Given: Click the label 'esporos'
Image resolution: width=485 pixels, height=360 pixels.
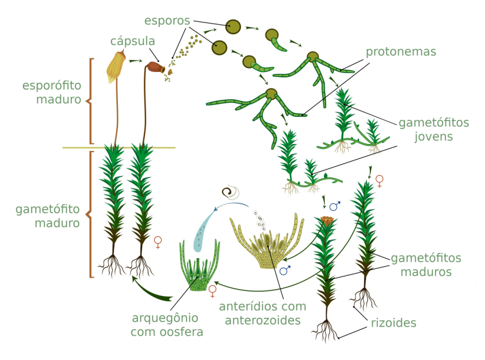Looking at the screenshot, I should pos(167,20).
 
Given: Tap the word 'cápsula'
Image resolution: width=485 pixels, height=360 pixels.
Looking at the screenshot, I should pos(133,41).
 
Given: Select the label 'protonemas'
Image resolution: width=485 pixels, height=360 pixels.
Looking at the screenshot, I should pos(401,52).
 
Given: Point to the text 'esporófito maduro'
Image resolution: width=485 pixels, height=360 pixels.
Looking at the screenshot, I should pos(51,92).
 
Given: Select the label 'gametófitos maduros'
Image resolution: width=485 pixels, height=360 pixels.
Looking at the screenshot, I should pos(426,265).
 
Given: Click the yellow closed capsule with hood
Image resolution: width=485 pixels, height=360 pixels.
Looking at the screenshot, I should pos(116,67).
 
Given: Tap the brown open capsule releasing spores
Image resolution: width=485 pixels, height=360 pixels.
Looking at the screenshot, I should pos(155,67).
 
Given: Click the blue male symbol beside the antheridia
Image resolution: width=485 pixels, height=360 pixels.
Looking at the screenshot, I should pos(285,270).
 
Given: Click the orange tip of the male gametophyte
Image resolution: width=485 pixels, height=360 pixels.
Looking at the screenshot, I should pos(326,220).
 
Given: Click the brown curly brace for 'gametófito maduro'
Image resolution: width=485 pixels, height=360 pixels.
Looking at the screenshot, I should pos(90,214).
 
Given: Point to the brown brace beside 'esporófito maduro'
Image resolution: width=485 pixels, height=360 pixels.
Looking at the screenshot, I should pos(90,101).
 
